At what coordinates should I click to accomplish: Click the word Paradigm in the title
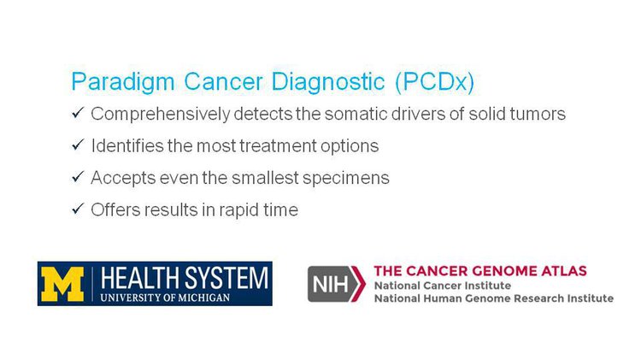(123, 82)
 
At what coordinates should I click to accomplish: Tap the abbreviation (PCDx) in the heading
(434, 82)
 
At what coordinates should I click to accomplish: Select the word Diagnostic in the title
(328, 81)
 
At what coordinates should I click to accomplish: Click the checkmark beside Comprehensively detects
(78, 113)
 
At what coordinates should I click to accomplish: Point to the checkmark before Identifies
(78, 145)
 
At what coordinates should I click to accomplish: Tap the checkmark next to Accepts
(78, 176)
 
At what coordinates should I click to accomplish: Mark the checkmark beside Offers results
(78, 209)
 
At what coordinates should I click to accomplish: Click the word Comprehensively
(161, 115)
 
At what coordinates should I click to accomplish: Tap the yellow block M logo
(62, 284)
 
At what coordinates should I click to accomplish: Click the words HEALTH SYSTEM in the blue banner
(185, 278)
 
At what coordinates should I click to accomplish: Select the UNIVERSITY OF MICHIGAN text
(165, 298)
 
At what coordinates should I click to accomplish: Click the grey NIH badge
(330, 284)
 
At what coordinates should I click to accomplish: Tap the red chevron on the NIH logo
(358, 284)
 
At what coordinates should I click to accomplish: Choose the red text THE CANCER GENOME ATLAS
(480, 271)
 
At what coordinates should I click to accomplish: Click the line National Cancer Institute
(443, 286)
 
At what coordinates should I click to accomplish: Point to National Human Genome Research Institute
(494, 298)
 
